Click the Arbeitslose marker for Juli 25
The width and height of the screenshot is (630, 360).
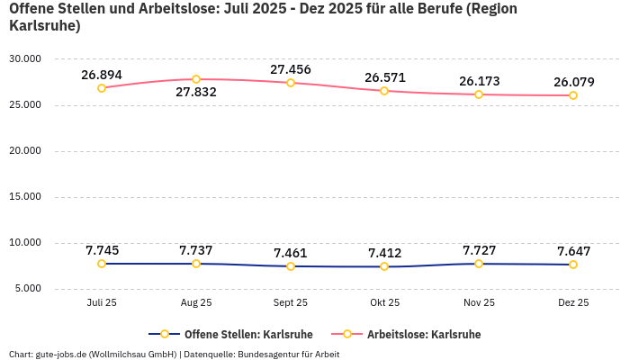pyautogui.click(x=102, y=88)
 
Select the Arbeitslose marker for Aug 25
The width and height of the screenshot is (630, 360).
pyautogui.click(x=196, y=79)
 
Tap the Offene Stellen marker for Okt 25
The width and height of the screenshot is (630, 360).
pyautogui.click(x=384, y=266)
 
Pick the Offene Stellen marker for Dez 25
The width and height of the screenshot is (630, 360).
pyautogui.click(x=573, y=265)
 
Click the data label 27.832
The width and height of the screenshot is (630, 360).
pyautogui.click(x=196, y=93)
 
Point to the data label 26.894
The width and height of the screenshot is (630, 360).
pyautogui.click(x=102, y=75)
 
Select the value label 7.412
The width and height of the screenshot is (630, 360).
pyautogui.click(x=384, y=253)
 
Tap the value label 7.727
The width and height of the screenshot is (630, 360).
pyautogui.click(x=479, y=250)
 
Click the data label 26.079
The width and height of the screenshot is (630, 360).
pyautogui.click(x=573, y=82)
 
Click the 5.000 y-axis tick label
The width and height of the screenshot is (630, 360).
pyautogui.click(x=27, y=289)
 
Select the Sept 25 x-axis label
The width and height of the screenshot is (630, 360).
pyautogui.click(x=290, y=303)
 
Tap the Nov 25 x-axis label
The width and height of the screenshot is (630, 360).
pyautogui.click(x=479, y=303)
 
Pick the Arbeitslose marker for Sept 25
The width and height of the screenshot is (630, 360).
pyautogui.click(x=291, y=83)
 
